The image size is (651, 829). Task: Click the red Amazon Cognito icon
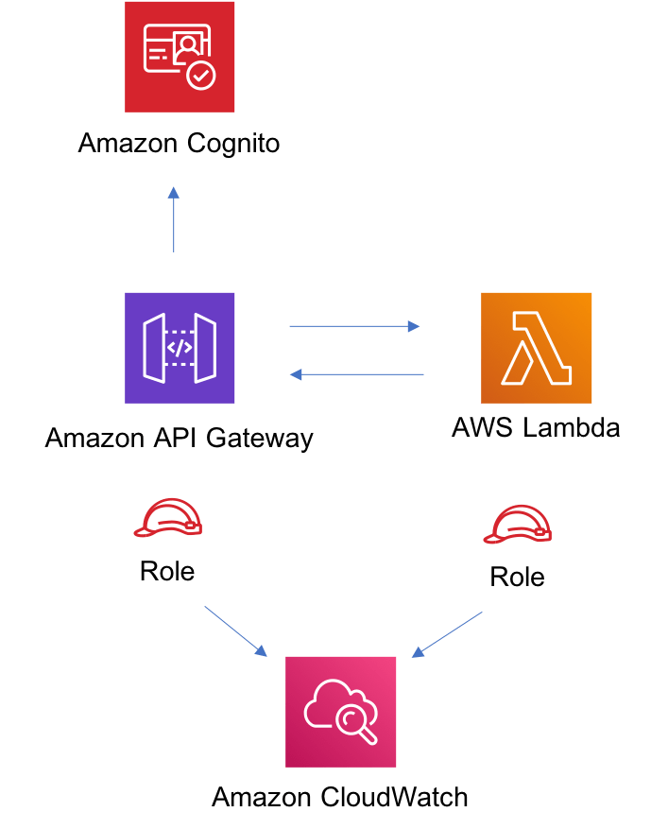(x=180, y=57)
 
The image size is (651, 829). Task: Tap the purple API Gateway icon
(x=180, y=348)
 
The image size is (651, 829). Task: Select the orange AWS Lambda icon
(x=536, y=348)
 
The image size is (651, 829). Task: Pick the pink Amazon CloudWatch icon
(x=340, y=711)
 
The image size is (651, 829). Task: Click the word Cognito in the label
(x=232, y=145)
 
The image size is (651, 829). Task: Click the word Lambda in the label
(x=572, y=427)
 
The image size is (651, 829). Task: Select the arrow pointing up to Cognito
(x=174, y=219)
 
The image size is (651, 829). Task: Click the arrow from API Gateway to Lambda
(x=354, y=326)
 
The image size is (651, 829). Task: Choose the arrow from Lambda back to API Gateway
(x=356, y=375)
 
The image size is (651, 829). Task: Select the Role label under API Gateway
(x=167, y=571)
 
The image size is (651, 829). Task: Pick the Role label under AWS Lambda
(x=517, y=577)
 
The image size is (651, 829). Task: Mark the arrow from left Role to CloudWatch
(x=236, y=631)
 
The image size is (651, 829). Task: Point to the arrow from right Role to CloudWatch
(x=447, y=634)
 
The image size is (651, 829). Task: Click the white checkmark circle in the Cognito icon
(x=200, y=77)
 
